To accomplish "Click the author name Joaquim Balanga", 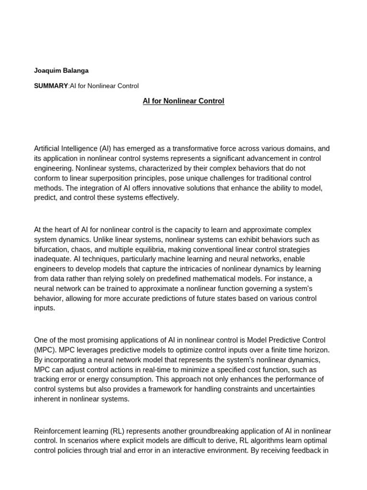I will pos(61,70).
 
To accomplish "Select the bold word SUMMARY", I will pos(51,86).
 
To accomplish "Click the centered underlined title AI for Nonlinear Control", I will pos(183,101).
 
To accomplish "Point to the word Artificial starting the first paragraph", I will pos(48,148).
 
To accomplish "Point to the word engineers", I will pos(50,269).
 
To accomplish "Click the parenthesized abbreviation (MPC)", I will pos(45,350).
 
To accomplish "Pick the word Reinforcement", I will pos(58,431).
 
